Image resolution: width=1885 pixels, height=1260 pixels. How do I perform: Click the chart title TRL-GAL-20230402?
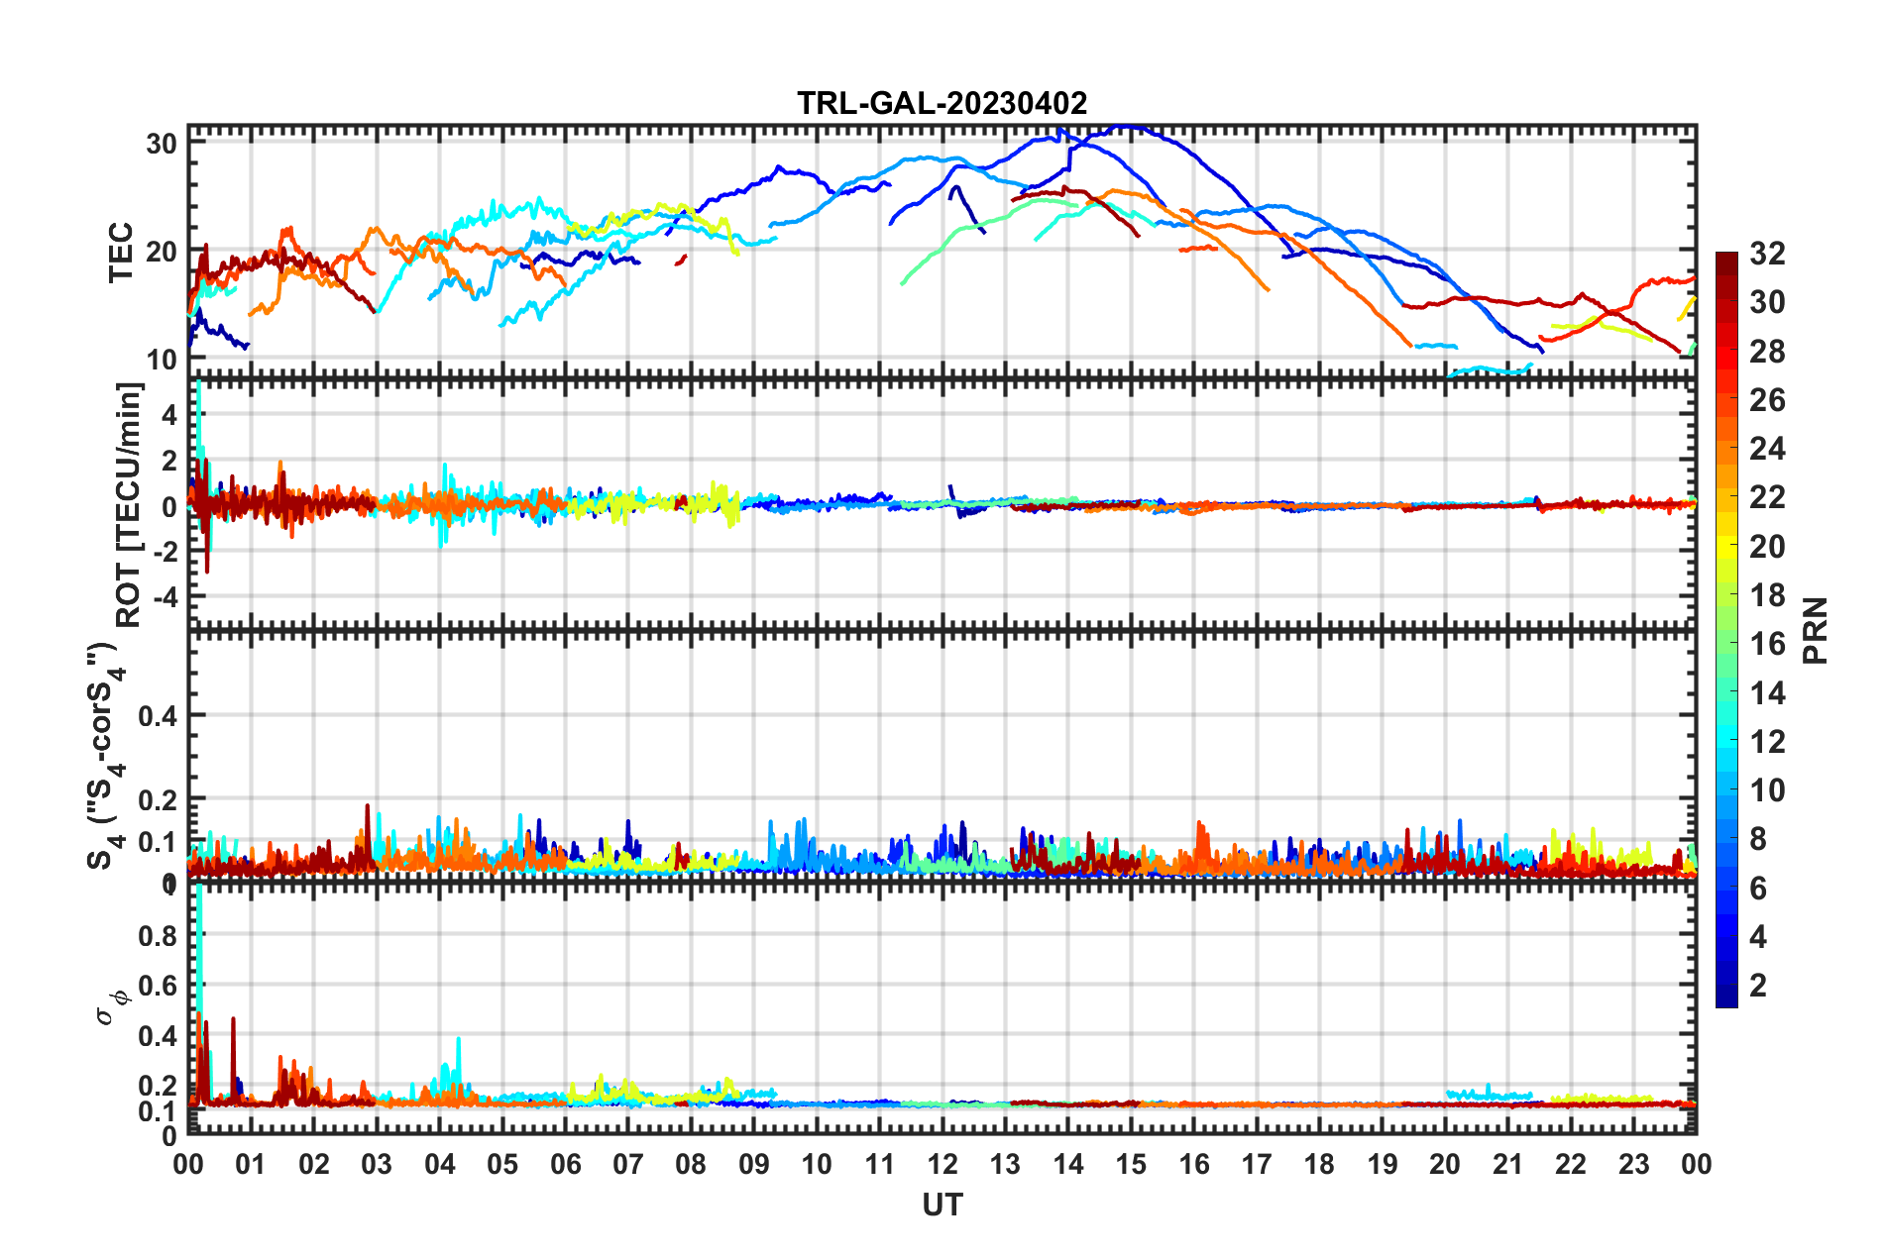click(x=942, y=103)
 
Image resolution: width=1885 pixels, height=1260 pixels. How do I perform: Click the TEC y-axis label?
click(x=121, y=253)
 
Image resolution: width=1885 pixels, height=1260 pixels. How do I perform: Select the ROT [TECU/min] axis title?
click(x=129, y=504)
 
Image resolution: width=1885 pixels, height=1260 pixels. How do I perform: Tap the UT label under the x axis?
click(x=942, y=1205)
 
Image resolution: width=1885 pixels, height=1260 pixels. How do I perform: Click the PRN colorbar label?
click(x=1816, y=630)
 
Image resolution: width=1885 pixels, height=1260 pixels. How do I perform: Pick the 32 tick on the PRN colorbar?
click(x=1767, y=254)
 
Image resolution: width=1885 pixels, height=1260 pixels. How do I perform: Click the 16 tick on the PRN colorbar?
click(x=1767, y=644)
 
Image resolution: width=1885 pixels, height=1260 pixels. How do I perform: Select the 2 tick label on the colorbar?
click(x=1758, y=985)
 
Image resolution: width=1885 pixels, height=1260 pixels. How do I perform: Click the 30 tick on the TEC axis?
click(x=162, y=144)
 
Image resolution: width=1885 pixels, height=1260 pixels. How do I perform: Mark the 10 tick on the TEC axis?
click(x=162, y=360)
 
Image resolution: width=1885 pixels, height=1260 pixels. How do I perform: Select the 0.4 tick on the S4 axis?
click(x=158, y=715)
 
